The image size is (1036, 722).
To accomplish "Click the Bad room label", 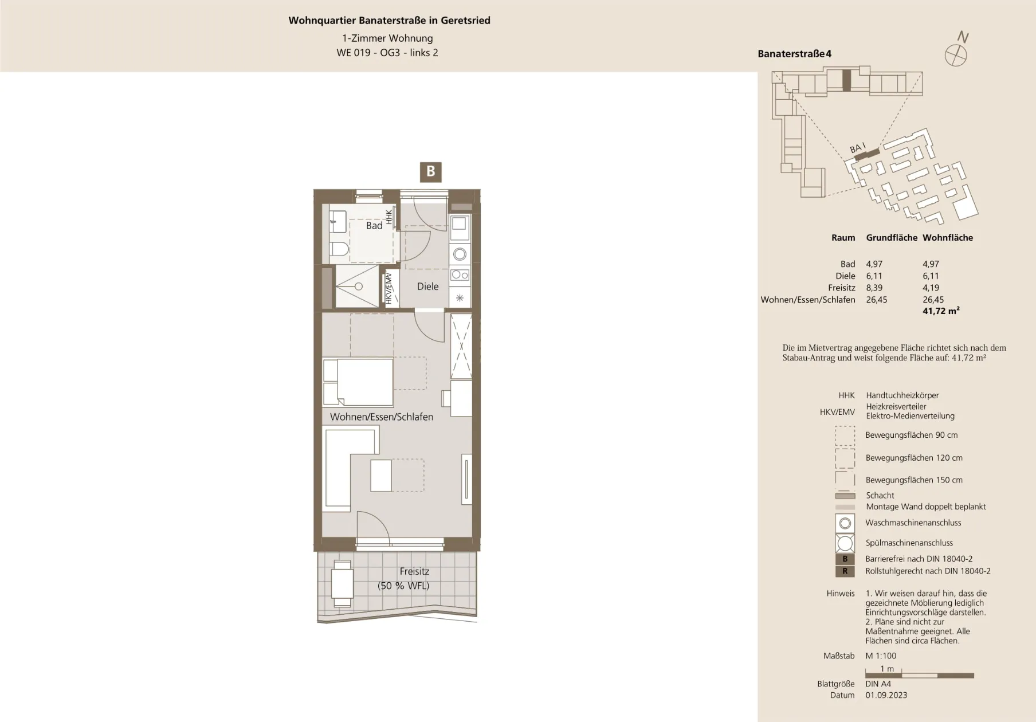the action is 374,226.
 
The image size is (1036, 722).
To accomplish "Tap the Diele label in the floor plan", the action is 427,287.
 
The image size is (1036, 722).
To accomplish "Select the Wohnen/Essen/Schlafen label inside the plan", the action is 382,417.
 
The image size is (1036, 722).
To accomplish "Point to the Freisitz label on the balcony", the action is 414,571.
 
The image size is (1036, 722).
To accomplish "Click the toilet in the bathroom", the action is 339,249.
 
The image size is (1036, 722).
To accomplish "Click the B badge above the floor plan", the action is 430,171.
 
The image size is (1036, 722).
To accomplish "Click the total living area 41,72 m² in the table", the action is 941,311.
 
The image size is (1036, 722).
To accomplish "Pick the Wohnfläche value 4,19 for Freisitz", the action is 931,288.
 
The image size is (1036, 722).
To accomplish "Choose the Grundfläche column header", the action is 892,238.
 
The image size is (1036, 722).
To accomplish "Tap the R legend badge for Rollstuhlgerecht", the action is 845,571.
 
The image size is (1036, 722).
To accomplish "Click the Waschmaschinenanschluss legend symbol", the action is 845,523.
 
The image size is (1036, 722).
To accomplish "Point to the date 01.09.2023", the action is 886,695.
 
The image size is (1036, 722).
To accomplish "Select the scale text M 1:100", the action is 881,656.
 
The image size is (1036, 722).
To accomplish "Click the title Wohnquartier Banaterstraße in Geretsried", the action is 389,21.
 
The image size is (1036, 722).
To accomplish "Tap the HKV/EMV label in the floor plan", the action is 388,288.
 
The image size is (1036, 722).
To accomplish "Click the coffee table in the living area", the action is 381,476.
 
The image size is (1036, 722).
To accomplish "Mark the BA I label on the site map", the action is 858,148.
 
